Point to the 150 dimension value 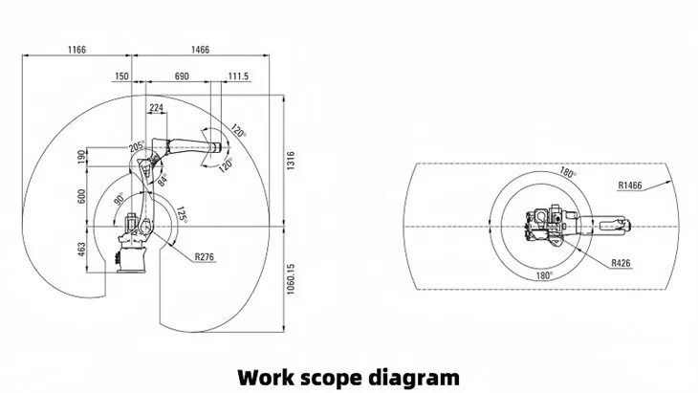(121, 75)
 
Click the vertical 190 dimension (81, 157)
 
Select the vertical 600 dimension (81, 197)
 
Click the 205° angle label (137, 146)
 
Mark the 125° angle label (179, 216)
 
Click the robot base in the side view (130, 258)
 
